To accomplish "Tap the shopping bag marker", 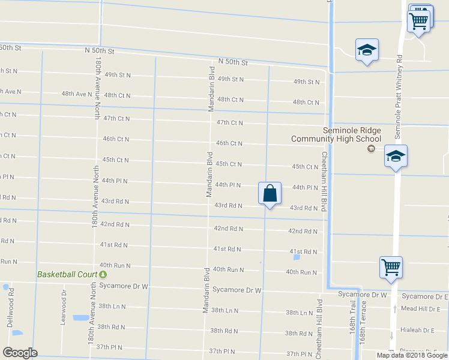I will [270, 194].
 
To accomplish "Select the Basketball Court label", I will [67, 274].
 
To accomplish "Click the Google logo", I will [20, 353].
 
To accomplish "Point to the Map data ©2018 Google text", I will [412, 355].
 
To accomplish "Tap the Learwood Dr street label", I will [63, 308].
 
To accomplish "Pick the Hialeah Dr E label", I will [420, 330].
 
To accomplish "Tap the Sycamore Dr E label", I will [425, 296].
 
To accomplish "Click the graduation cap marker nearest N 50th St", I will [366, 50].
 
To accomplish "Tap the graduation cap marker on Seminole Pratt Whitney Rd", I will [396, 157].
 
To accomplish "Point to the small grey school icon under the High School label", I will [371, 148].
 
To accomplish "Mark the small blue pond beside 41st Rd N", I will [297, 258].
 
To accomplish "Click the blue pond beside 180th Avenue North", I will [79, 318].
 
